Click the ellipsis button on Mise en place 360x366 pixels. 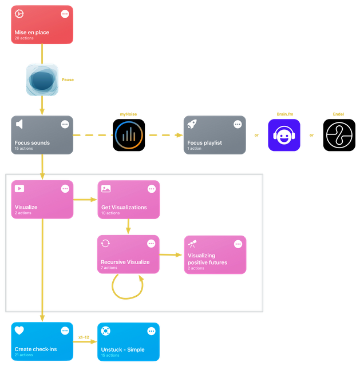[x=65, y=14]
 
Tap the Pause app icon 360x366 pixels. [x=42, y=80]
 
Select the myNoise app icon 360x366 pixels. [x=129, y=135]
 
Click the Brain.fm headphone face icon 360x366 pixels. [x=284, y=135]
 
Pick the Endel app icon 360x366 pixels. [x=339, y=135]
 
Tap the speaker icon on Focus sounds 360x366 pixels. [x=19, y=124]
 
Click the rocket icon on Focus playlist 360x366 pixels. [x=192, y=124]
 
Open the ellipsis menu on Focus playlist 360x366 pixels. [x=238, y=125]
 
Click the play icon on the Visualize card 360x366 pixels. [x=19, y=189]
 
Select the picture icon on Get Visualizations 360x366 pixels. [x=106, y=189]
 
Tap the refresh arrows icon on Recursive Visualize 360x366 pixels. [x=105, y=244]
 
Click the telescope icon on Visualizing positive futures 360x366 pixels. [x=192, y=244]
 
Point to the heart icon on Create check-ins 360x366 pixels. [x=19, y=331]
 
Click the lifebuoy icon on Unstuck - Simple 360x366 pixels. [x=105, y=331]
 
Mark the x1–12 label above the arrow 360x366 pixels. [x=84, y=337]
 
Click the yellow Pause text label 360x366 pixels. [x=68, y=80]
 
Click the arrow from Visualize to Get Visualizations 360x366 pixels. [x=85, y=200]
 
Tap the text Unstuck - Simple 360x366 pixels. [x=122, y=349]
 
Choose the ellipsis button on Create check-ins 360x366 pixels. [x=65, y=331]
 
